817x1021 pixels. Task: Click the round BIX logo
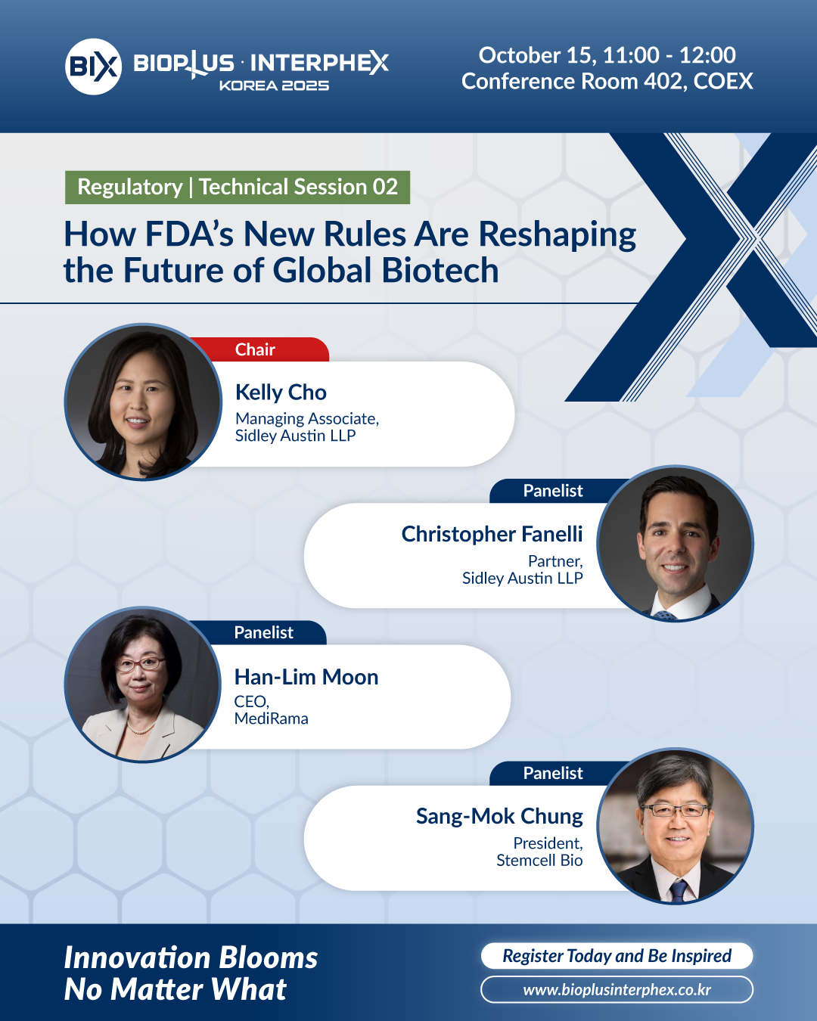coord(93,67)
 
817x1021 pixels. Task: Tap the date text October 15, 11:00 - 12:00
coord(607,55)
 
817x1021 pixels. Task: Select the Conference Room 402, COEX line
coord(607,81)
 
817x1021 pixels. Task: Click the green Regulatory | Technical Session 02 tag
coord(238,187)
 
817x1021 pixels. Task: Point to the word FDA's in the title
coord(189,234)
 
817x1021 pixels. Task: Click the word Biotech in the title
coord(440,270)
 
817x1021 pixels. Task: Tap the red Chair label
coord(256,349)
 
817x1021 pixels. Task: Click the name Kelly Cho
coord(281,393)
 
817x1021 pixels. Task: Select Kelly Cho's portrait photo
coord(143,402)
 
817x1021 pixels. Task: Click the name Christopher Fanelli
coord(492,534)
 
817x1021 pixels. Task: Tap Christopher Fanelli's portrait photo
coord(675,543)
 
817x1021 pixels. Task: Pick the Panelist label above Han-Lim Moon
coord(264,632)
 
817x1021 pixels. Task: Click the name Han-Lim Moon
coord(306,677)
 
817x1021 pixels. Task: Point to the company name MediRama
coord(271,718)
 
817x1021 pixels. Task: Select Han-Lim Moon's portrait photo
coord(142,684)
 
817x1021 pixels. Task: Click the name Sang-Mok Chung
coord(499,816)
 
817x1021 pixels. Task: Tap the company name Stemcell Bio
coord(540,860)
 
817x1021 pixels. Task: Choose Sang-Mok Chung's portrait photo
coord(675,826)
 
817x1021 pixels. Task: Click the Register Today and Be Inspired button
coord(617,956)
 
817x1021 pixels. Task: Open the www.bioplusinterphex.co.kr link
coord(617,990)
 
